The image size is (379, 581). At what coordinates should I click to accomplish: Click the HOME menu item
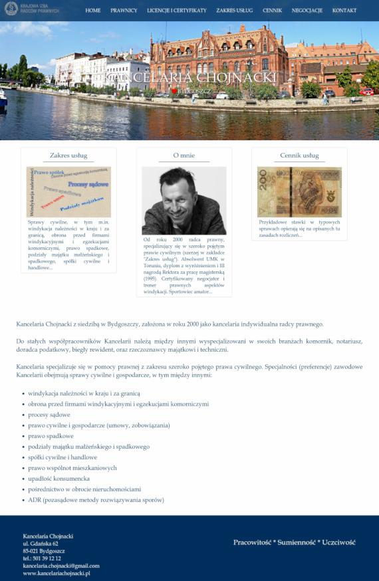click(93, 11)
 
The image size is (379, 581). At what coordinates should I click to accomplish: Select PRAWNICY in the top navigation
click(124, 11)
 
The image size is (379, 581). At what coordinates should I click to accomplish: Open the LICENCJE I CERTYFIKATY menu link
click(177, 11)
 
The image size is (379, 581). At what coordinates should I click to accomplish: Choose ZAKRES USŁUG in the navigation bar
click(235, 11)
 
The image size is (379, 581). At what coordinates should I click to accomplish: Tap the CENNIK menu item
click(272, 11)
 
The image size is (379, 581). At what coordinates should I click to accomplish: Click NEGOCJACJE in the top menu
click(307, 11)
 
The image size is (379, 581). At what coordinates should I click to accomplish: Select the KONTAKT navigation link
click(344, 11)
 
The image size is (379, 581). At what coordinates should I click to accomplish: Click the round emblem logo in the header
click(11, 9)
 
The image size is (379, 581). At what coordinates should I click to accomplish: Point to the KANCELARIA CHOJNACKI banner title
click(190, 77)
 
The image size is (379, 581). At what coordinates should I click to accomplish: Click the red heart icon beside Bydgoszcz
click(174, 91)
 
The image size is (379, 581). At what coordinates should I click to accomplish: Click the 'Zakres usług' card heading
click(68, 156)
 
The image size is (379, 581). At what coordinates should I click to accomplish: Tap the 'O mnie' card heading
click(184, 156)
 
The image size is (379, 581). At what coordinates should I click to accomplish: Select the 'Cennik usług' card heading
click(299, 156)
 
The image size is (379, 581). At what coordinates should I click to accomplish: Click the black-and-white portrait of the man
click(184, 200)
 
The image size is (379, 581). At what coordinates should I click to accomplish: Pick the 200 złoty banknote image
click(299, 191)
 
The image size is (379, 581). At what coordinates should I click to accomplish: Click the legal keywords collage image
click(68, 191)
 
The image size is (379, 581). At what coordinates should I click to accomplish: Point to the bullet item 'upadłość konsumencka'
click(59, 479)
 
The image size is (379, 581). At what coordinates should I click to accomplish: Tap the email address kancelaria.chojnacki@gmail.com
click(61, 566)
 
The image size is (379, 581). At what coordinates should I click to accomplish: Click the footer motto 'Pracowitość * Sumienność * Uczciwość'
click(294, 542)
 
